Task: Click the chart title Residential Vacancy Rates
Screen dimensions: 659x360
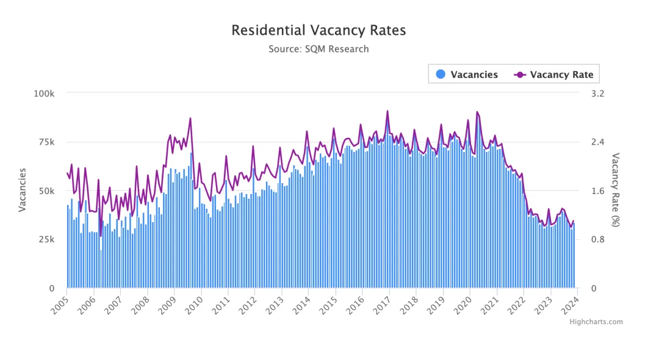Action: (319, 31)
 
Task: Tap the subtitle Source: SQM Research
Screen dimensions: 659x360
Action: (319, 49)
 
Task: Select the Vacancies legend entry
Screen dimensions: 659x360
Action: (467, 74)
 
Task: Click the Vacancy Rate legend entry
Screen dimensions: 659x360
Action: (553, 74)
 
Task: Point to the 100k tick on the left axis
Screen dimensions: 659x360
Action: (44, 93)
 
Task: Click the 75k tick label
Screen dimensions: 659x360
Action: (46, 142)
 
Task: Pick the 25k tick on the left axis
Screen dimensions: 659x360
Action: (46, 239)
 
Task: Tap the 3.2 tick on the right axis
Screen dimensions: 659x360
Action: (597, 93)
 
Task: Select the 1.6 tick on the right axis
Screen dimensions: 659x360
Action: (597, 191)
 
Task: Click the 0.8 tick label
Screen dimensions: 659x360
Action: (597, 239)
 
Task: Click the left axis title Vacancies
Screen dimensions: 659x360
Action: (23, 190)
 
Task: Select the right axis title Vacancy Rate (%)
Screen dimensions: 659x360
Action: (615, 190)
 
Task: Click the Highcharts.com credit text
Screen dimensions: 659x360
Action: (596, 322)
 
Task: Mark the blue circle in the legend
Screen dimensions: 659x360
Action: (441, 74)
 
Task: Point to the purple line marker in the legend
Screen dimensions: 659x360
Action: (520, 75)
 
